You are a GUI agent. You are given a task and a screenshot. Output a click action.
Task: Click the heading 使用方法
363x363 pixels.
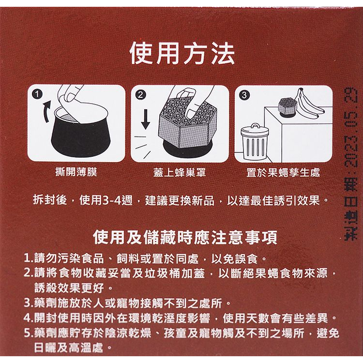click(182, 54)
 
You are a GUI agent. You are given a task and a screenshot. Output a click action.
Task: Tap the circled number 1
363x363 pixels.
click(37, 94)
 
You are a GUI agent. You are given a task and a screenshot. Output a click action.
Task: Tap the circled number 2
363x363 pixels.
click(140, 95)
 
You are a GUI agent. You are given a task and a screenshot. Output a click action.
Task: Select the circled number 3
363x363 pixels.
click(244, 95)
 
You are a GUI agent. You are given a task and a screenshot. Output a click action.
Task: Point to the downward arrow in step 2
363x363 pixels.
click(145, 119)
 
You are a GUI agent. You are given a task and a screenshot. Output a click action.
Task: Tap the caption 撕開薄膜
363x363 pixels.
click(76, 172)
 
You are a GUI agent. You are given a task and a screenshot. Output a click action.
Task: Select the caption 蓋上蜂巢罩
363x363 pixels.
click(180, 172)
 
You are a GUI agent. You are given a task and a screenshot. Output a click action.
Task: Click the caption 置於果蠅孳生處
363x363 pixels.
click(283, 172)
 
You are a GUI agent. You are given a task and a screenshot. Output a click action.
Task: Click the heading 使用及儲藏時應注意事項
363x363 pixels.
click(185, 238)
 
